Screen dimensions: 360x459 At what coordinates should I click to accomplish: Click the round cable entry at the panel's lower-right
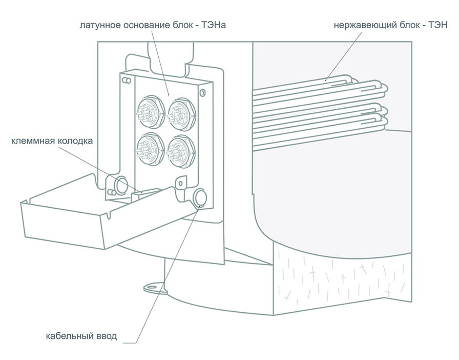200,197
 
